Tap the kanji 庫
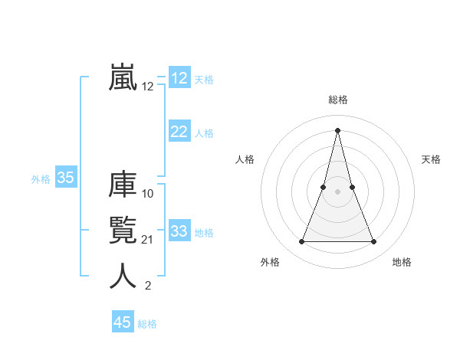click(123, 185)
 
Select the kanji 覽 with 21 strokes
click(123, 231)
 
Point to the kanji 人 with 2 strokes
click(123, 277)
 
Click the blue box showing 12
click(179, 78)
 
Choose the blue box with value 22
click(179, 132)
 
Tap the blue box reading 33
click(179, 231)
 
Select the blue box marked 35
click(66, 178)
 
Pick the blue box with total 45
click(123, 322)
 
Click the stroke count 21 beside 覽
click(148, 241)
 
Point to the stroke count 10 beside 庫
click(148, 194)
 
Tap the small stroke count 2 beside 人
click(148, 286)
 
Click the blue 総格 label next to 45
click(147, 324)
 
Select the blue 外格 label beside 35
click(41, 179)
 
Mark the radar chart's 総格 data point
click(337, 129)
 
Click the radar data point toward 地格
click(374, 242)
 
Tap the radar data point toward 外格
click(301, 242)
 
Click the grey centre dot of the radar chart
click(337, 191)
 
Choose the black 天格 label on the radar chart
click(432, 159)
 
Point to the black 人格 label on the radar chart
click(245, 159)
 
